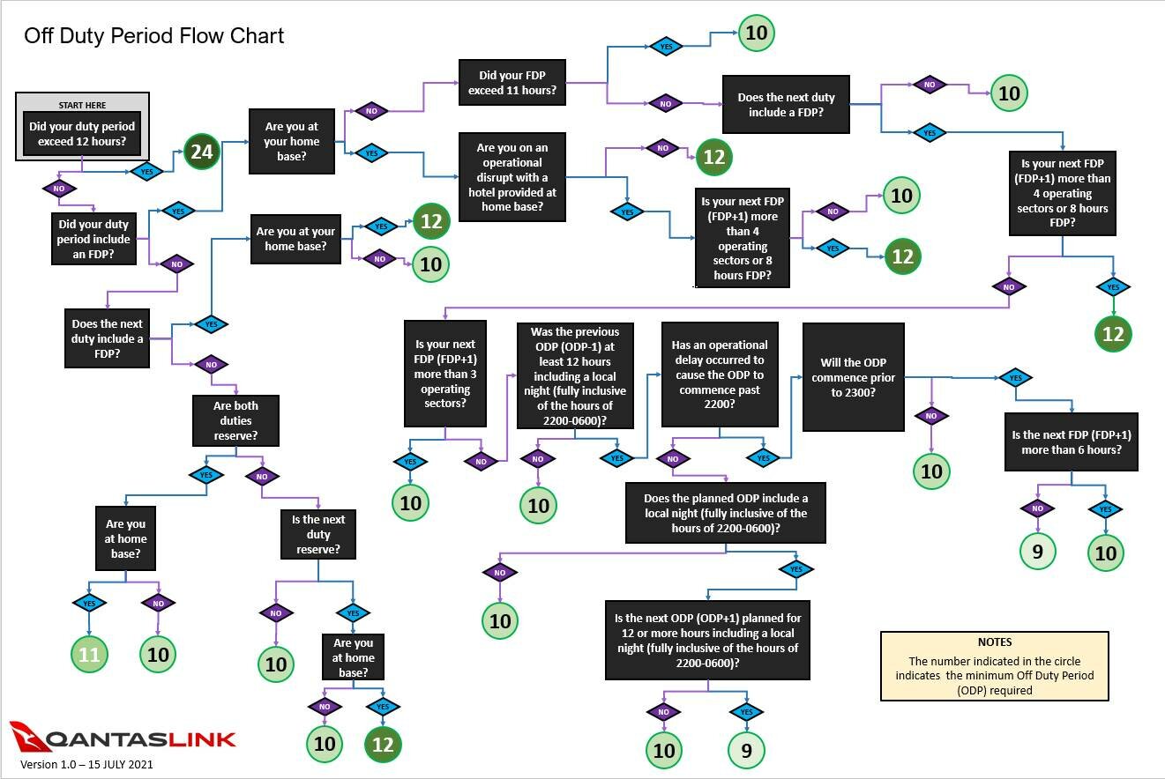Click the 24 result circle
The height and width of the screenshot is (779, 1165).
click(201, 152)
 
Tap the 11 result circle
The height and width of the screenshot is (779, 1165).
click(89, 654)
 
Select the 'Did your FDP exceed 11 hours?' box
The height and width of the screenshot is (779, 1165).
click(512, 82)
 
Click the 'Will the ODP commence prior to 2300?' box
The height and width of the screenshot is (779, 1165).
click(854, 377)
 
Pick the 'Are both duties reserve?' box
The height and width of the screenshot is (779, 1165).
click(235, 420)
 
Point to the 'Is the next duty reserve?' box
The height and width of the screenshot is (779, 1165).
click(318, 534)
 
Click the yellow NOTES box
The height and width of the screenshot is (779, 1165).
click(995, 666)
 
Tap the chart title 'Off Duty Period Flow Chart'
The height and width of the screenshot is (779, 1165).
click(154, 36)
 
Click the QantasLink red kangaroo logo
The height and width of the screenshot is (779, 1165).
click(26, 735)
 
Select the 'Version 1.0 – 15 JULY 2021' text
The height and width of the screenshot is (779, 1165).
click(86, 764)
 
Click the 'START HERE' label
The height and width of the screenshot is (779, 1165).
click(82, 105)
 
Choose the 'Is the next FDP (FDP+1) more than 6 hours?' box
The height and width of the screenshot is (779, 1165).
click(1072, 441)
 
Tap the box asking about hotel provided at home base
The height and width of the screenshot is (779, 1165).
click(512, 177)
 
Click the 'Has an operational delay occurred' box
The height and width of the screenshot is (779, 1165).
click(720, 375)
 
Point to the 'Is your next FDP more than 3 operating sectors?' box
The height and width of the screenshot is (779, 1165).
click(445, 373)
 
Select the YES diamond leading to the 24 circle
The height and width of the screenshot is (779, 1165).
click(146, 172)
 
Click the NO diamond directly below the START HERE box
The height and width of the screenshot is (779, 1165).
click(59, 189)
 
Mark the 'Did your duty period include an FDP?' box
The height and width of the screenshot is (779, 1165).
click(93, 239)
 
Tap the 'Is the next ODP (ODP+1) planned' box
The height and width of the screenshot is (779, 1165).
click(707, 641)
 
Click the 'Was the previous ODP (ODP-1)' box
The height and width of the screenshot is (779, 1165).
click(575, 375)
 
